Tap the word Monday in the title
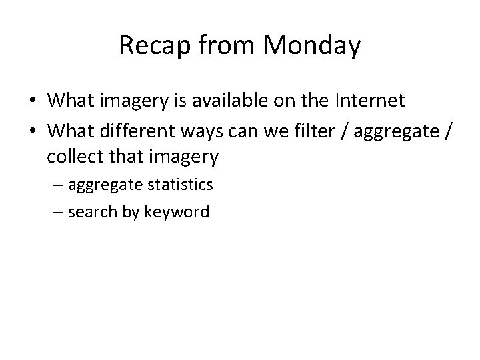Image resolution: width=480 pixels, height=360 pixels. tap(313, 46)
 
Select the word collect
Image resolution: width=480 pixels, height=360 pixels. tap(75, 157)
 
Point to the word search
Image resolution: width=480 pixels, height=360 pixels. tap(91, 213)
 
